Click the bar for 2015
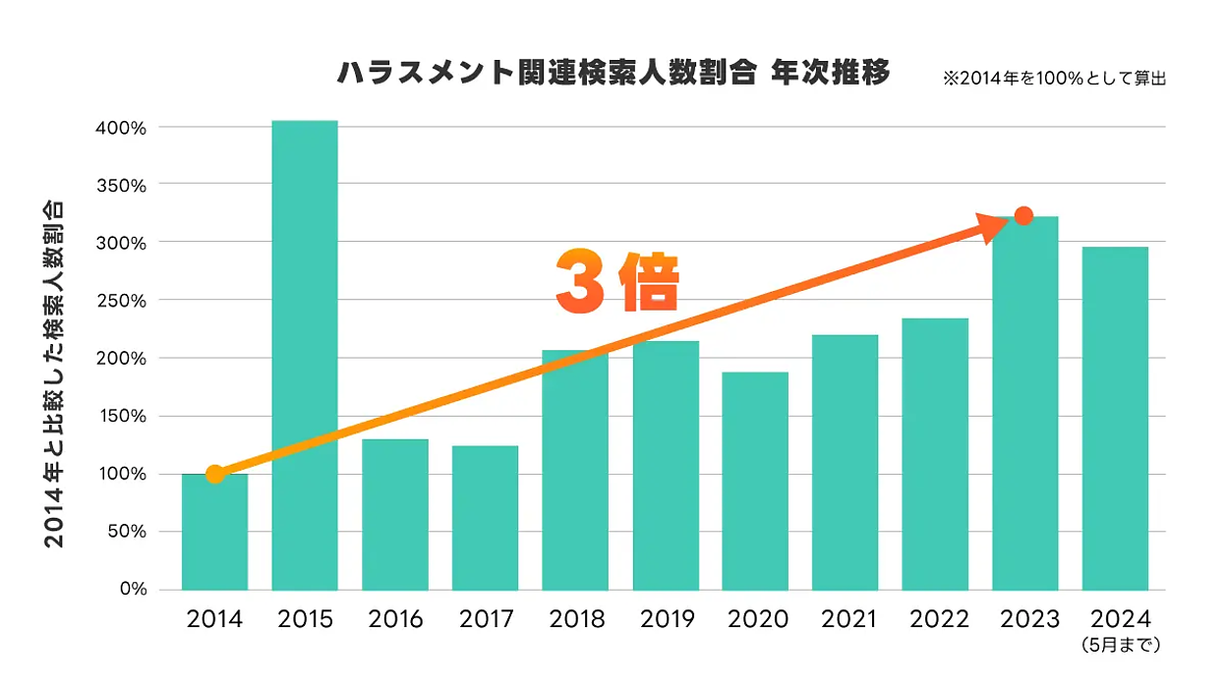click(305, 355)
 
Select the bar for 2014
click(214, 532)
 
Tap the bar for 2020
click(755, 481)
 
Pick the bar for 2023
click(1025, 403)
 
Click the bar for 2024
click(1115, 418)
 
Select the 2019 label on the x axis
click(667, 619)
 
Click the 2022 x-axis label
click(938, 619)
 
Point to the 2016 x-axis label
click(395, 619)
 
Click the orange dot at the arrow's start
click(215, 475)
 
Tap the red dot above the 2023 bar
click(1023, 216)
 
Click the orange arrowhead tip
click(1006, 222)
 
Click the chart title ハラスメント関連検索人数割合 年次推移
click(613, 74)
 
